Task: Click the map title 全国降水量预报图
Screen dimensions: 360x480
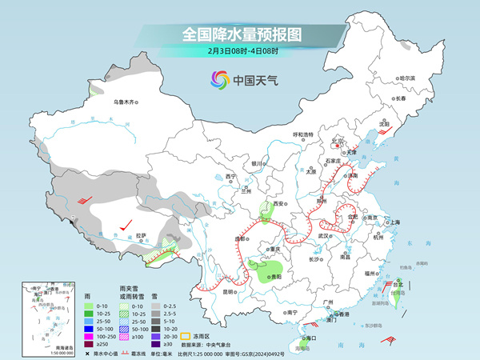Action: (240, 34)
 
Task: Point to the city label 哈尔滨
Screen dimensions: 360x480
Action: (408, 78)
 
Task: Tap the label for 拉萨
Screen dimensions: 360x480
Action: (142, 235)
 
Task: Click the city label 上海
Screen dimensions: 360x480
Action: (394, 222)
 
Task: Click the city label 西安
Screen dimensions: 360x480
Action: (279, 205)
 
